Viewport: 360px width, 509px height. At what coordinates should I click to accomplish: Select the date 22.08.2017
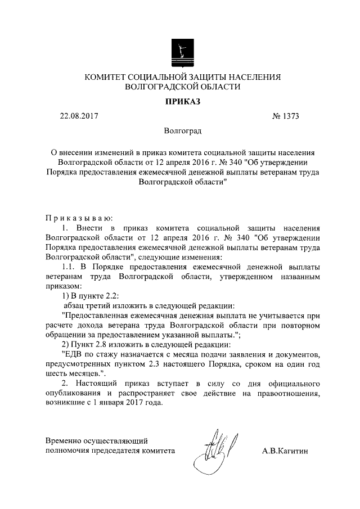pos(79,116)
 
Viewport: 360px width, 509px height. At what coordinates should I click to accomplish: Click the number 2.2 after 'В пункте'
pos(110,295)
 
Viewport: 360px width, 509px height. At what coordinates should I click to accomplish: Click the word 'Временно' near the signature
pos(65,440)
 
